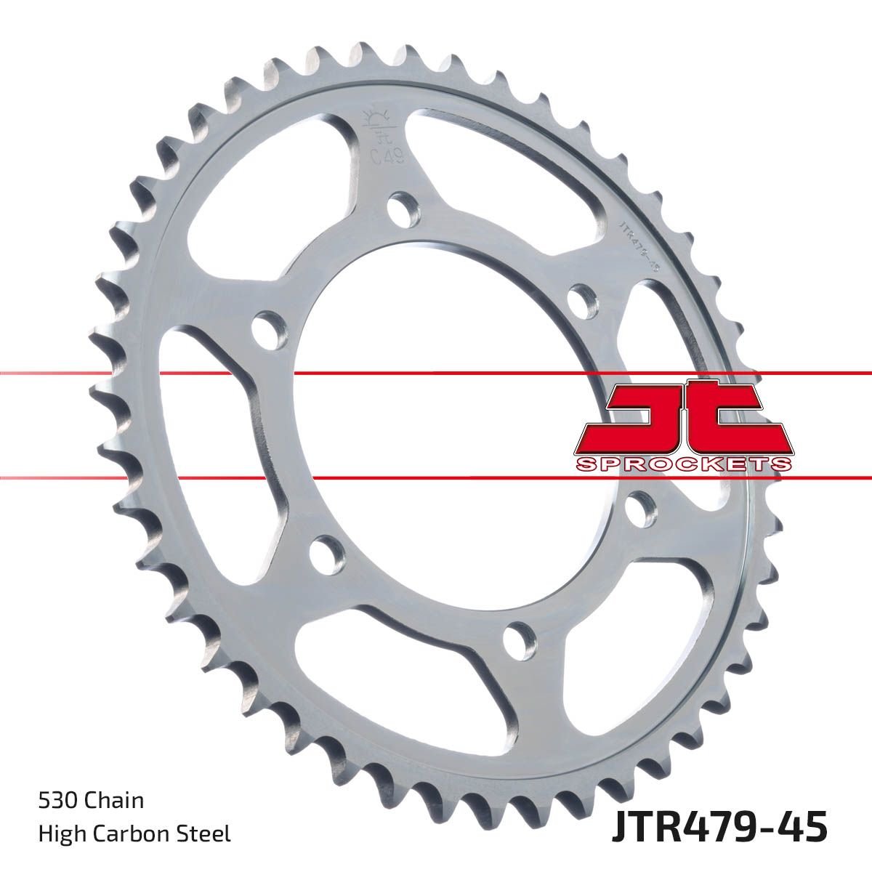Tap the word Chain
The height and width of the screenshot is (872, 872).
point(114,802)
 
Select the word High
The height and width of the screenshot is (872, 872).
point(60,833)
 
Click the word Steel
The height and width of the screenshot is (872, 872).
point(207,833)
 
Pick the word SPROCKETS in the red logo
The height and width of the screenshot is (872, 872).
point(682,464)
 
